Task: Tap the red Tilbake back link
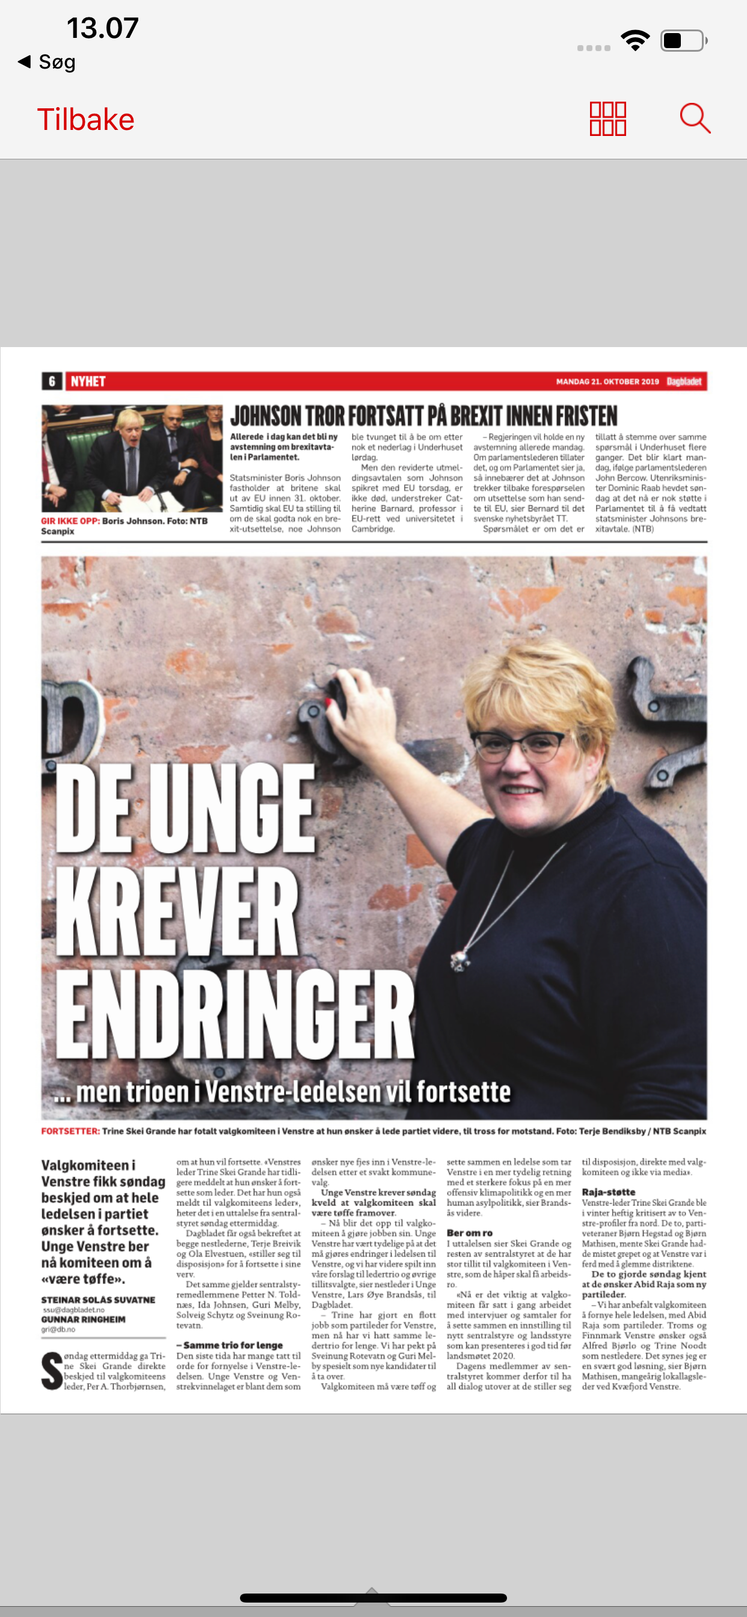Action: (85, 119)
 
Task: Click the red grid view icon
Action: (607, 119)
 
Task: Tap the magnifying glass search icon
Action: (695, 118)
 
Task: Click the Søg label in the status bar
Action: (57, 61)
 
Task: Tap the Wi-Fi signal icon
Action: (635, 41)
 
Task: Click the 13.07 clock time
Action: (102, 28)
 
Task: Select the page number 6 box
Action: (52, 381)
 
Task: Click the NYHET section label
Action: (88, 381)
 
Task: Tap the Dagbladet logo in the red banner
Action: (684, 381)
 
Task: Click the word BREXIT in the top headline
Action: (489, 416)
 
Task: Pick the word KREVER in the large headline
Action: (177, 911)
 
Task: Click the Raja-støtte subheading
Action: (608, 1192)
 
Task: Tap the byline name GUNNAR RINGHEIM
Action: (84, 1319)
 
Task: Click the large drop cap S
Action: (52, 1370)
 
